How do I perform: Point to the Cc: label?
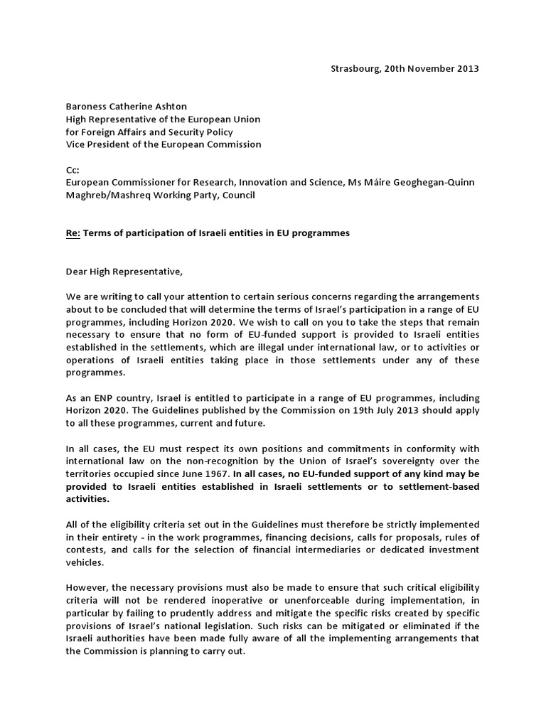[72, 170]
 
